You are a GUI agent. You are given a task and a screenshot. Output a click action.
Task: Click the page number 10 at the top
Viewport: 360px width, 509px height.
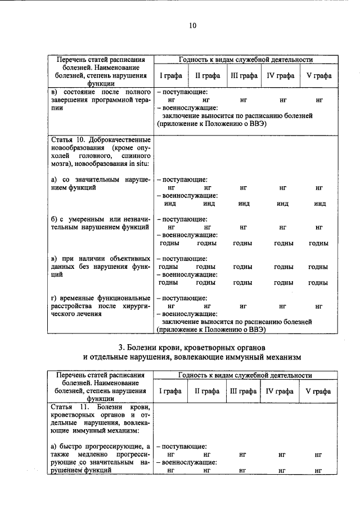pos(192,25)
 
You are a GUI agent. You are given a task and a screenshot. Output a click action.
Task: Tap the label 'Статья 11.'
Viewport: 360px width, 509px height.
pos(65,407)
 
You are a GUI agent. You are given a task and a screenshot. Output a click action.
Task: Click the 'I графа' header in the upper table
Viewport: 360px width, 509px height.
pos(168,76)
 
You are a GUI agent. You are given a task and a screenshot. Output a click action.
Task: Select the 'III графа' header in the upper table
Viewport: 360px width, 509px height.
pos(244,76)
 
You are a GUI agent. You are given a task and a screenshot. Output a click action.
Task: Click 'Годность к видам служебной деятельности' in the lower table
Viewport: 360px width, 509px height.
pos(245,375)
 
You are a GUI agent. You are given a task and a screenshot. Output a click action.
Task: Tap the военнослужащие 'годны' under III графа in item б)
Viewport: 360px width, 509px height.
pos(242,243)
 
